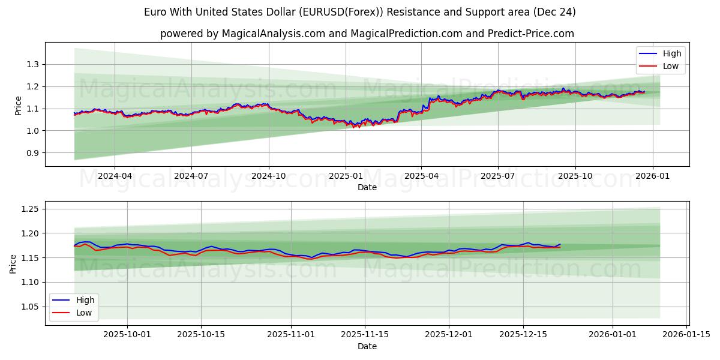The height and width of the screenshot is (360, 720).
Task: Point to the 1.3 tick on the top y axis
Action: coord(33,64)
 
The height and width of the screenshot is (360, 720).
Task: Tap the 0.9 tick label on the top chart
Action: coord(33,153)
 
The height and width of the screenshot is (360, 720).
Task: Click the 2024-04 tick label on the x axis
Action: coord(115,176)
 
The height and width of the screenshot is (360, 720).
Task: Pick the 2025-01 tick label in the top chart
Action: coord(346,176)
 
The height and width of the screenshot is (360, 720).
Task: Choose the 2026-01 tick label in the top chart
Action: coord(652,176)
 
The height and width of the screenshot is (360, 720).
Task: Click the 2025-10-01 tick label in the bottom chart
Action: coord(128,334)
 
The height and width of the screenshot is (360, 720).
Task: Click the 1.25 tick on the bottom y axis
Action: coord(31,209)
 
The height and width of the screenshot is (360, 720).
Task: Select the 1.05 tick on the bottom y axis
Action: coord(31,307)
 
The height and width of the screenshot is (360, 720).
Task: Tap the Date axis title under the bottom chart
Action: coord(367,346)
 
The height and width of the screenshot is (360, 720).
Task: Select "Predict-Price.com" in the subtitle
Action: coord(533,34)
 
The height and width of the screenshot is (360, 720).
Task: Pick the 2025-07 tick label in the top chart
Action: coord(498,176)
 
